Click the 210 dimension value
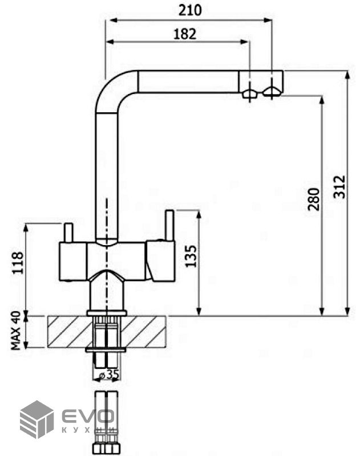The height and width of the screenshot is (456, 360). point(190,10)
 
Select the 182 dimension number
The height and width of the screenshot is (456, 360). point(185,34)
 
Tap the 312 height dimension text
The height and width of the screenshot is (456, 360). point(339,187)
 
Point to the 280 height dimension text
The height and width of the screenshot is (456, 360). point(314,199)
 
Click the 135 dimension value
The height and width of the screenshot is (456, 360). point(191,256)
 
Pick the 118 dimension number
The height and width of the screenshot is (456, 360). point(17,263)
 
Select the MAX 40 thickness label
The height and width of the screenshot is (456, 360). point(17,331)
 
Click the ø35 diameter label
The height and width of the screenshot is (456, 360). point(109,375)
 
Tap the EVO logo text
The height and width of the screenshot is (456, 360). point(88,416)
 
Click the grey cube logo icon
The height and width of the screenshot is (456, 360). point(37,420)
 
